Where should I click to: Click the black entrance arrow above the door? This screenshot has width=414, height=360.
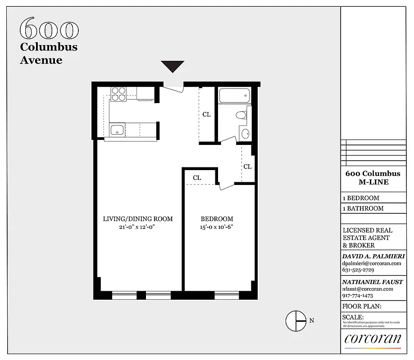pos(173,66)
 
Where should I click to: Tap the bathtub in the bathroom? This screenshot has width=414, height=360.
pos(234,95)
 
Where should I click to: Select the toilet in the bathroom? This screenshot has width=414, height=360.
pos(242,115)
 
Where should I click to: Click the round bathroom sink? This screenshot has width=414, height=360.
pos(245,133)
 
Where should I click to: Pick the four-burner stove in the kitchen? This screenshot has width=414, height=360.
pos(119,94)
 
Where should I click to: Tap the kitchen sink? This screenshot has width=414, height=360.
pos(117,130)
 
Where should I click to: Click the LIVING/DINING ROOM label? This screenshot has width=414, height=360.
pos(138,219)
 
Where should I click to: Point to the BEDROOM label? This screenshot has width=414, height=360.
pos(217,219)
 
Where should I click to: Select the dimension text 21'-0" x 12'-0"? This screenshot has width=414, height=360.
pos(138,227)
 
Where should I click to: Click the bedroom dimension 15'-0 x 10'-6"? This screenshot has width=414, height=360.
pos(217,227)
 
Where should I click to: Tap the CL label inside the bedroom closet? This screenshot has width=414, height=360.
pos(197,178)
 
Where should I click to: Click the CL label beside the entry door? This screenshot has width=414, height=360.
pos(206,114)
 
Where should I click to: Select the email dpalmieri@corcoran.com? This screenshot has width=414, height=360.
pos(372,263)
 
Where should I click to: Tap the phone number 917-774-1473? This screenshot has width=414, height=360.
pos(361,296)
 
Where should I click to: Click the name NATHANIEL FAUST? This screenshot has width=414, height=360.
pos(372,282)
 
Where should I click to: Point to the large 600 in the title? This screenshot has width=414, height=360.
pos(49,29)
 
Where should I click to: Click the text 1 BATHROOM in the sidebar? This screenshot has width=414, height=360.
pos(363,208)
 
